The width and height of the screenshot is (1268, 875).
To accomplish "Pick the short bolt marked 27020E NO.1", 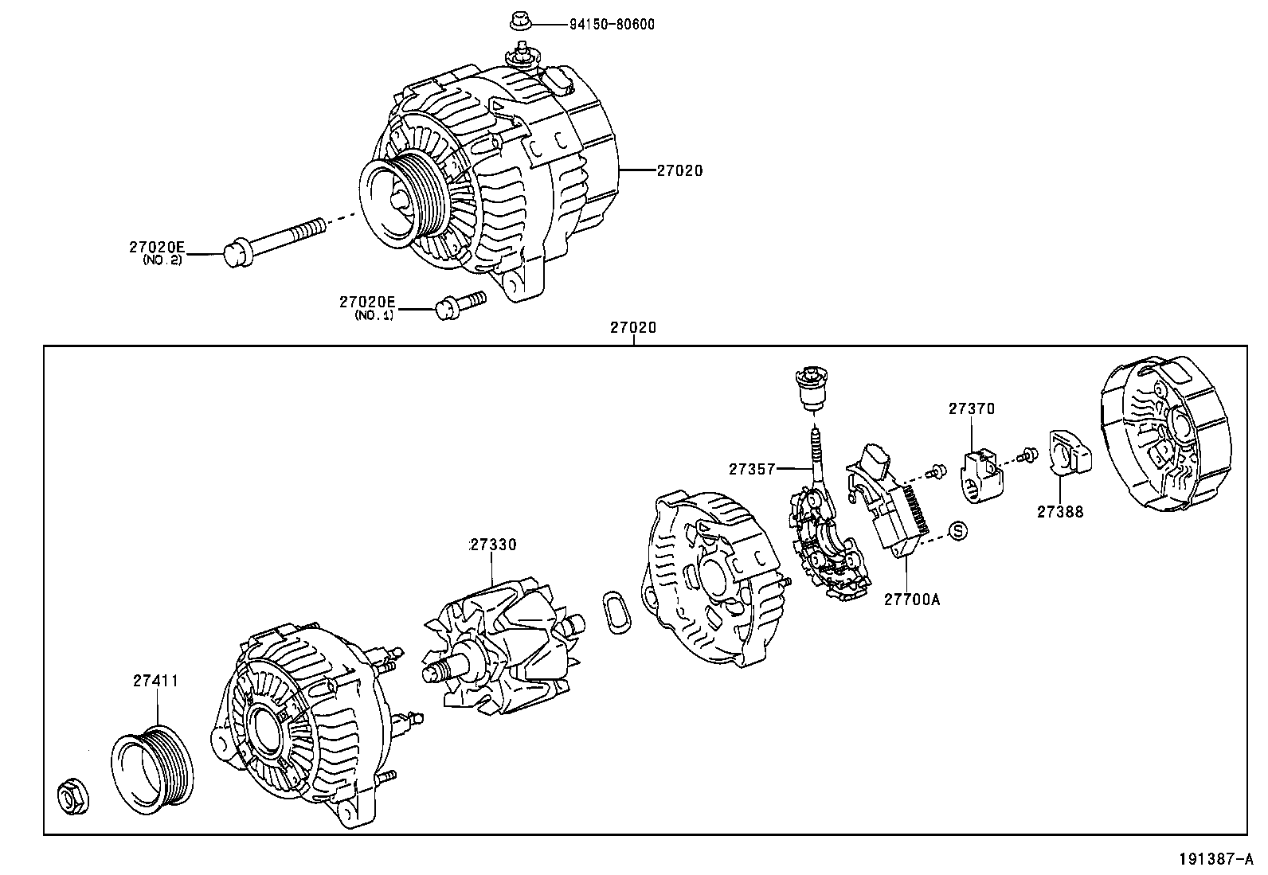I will pyautogui.click(x=460, y=304).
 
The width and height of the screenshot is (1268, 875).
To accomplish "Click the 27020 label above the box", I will pyautogui.click(x=633, y=327).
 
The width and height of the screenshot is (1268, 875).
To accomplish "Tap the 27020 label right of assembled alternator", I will pyautogui.click(x=679, y=170).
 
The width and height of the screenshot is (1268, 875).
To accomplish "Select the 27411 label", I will pyautogui.click(x=155, y=681).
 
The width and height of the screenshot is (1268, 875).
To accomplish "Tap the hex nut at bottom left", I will pyautogui.click(x=73, y=797).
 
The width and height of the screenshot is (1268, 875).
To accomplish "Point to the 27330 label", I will pyautogui.click(x=493, y=545).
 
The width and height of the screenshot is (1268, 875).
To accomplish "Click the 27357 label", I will pyautogui.click(x=751, y=469).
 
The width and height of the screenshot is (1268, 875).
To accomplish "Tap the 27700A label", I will pyautogui.click(x=911, y=599).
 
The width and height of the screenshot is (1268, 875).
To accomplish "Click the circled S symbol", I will pyautogui.click(x=958, y=530).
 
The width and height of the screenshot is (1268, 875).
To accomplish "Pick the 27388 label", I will pyautogui.click(x=1059, y=512).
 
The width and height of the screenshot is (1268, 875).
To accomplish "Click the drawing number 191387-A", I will pyautogui.click(x=1216, y=859).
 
